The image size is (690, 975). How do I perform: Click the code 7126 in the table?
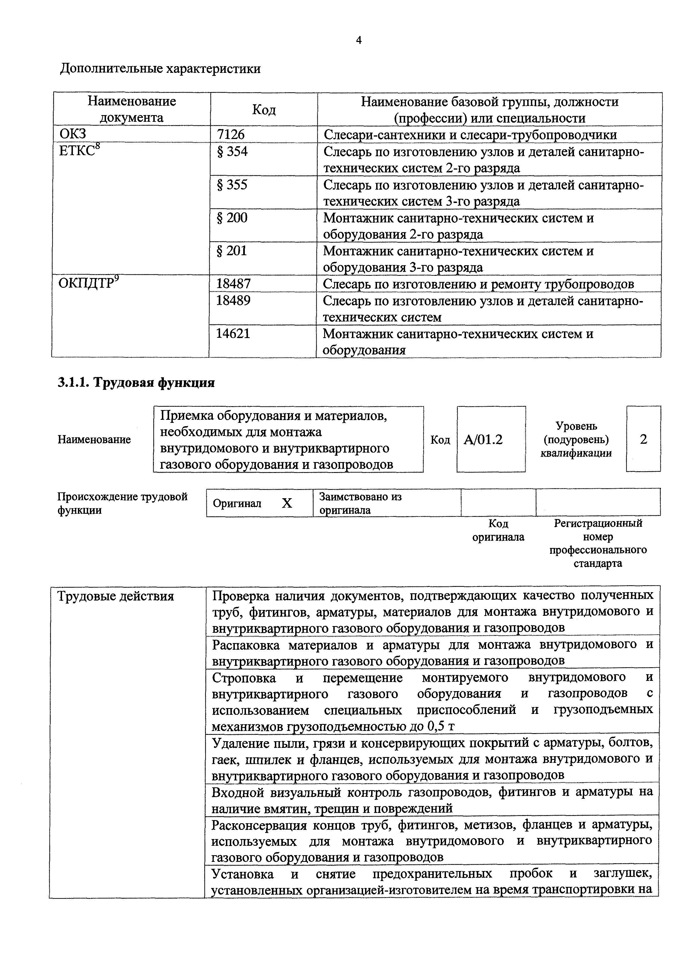pos(231,134)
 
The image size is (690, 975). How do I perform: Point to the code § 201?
pos(232,251)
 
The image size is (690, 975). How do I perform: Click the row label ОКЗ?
pos(73,134)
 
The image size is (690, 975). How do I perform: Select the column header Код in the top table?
pos(264,110)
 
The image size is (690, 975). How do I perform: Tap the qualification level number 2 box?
pos(643,439)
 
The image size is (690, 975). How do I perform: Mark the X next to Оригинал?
pos(287,504)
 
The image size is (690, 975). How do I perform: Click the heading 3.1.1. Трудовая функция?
pos(136,383)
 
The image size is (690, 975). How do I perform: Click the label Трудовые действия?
pos(115,596)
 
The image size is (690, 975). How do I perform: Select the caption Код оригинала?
pos(498,530)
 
